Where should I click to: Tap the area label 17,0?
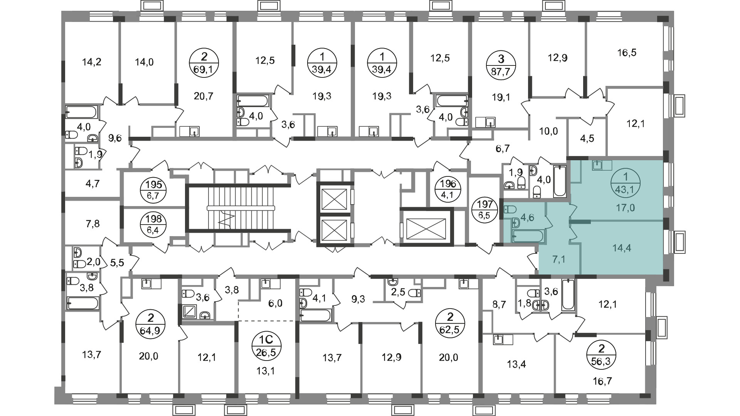(625, 208)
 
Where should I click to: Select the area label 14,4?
(622, 248)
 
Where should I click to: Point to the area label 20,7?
(203, 96)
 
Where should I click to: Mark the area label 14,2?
(92, 62)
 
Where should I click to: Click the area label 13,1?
(266, 371)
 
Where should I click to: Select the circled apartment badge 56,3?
(601, 356)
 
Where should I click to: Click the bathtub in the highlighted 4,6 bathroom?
(528, 236)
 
